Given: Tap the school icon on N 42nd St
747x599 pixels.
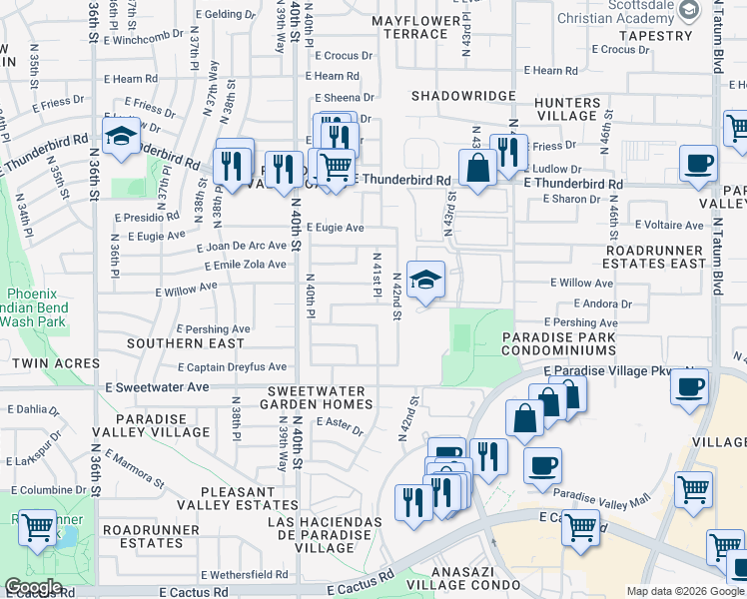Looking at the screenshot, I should tap(425, 281).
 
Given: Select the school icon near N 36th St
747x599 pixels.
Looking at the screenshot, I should tap(121, 137).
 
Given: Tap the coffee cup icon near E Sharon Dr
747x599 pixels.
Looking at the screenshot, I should tap(698, 163).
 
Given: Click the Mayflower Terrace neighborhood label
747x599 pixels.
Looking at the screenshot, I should tap(411, 27).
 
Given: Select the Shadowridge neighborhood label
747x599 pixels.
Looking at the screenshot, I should tap(464, 96).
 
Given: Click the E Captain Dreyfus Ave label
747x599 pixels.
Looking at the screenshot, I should tap(232, 367).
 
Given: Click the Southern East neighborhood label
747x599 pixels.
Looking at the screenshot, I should tap(185, 343).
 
